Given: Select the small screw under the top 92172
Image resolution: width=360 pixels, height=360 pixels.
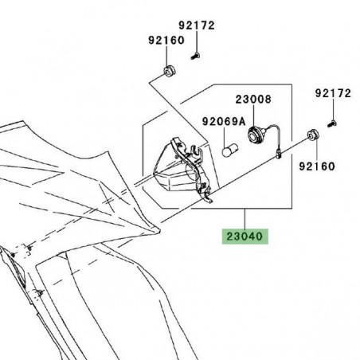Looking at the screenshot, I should [196, 55].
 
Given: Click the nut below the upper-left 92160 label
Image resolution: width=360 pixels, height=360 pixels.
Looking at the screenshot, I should [170, 72].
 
